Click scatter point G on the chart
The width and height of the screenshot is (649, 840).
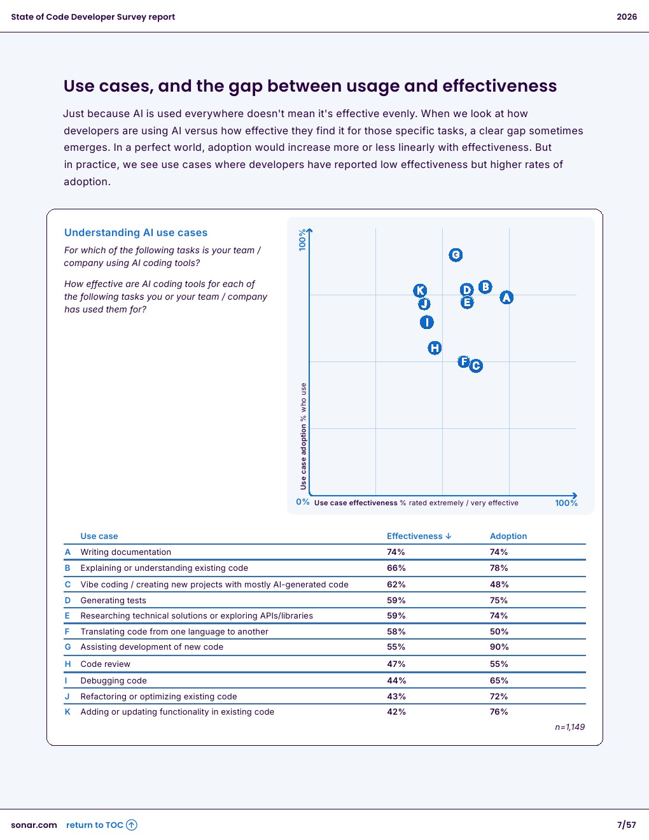point(456,255)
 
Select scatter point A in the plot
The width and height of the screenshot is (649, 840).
point(506,297)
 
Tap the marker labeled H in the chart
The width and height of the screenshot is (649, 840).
point(435,348)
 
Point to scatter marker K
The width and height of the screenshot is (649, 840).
point(420,291)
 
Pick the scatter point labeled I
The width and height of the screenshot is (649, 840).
point(427,323)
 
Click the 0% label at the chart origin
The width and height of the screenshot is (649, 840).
point(303,502)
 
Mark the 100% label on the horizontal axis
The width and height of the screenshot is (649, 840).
point(566,503)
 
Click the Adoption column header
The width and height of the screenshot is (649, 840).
point(508,536)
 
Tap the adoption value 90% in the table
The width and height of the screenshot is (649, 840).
point(499,647)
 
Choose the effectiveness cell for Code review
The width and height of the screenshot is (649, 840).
point(396,664)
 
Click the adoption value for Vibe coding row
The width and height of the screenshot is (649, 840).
point(499,585)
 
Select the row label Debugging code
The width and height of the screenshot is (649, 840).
point(113,681)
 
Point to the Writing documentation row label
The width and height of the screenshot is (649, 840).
point(125,552)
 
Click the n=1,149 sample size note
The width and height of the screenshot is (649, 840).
point(569,727)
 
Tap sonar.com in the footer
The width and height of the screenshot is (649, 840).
point(34,825)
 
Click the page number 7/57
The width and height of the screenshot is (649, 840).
point(626,825)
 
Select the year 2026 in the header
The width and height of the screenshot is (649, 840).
point(627,17)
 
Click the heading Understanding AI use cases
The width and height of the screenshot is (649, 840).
point(136,233)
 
